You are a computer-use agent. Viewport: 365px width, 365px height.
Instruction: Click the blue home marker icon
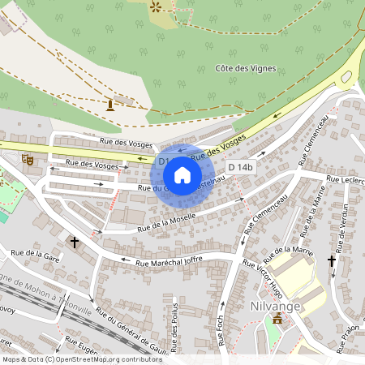(x=182, y=174)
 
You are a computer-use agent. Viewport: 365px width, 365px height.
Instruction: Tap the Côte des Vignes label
(x=247, y=68)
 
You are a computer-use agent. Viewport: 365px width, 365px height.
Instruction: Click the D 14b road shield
(x=241, y=167)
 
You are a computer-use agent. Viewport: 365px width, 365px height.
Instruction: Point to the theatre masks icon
(x=28, y=160)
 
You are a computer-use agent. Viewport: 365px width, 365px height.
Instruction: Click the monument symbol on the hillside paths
(x=110, y=105)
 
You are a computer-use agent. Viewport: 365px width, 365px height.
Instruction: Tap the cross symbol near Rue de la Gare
(x=75, y=242)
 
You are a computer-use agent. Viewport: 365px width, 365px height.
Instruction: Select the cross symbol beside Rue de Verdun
(x=331, y=261)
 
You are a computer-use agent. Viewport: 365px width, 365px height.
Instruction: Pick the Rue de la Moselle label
(x=168, y=219)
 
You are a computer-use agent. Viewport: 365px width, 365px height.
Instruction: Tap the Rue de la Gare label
(x=37, y=254)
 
